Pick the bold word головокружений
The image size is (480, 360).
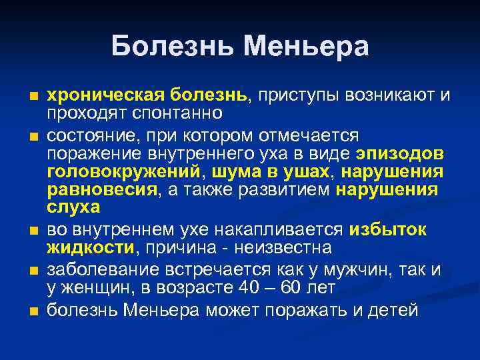123,172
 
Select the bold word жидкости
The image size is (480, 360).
90,248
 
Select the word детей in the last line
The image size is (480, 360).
394,310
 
